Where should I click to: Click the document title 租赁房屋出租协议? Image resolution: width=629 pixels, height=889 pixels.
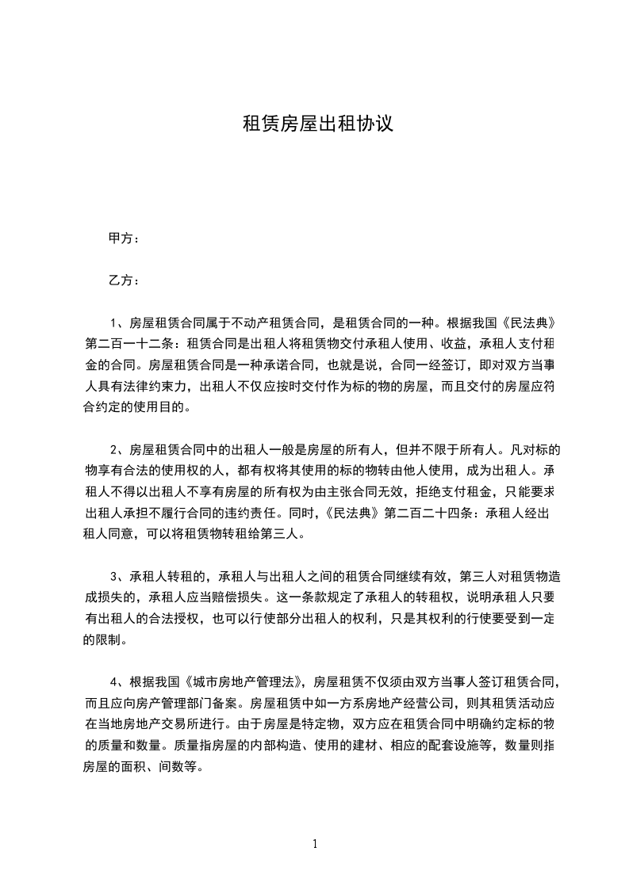(x=316, y=124)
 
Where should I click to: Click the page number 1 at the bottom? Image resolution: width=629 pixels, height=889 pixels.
(x=315, y=844)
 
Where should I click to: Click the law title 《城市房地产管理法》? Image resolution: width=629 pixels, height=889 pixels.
(x=246, y=681)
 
